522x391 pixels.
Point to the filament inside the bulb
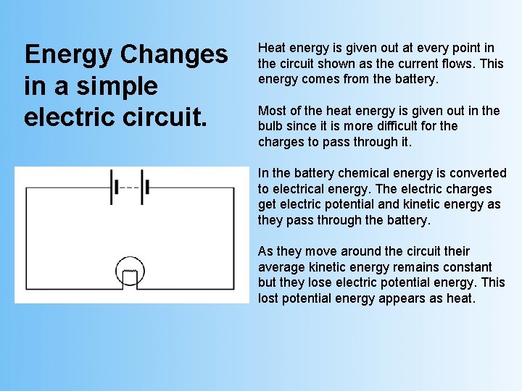point(132,277)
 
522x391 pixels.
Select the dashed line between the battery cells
point(129,188)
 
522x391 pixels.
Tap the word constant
point(465,267)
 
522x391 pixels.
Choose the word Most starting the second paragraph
point(272,111)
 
